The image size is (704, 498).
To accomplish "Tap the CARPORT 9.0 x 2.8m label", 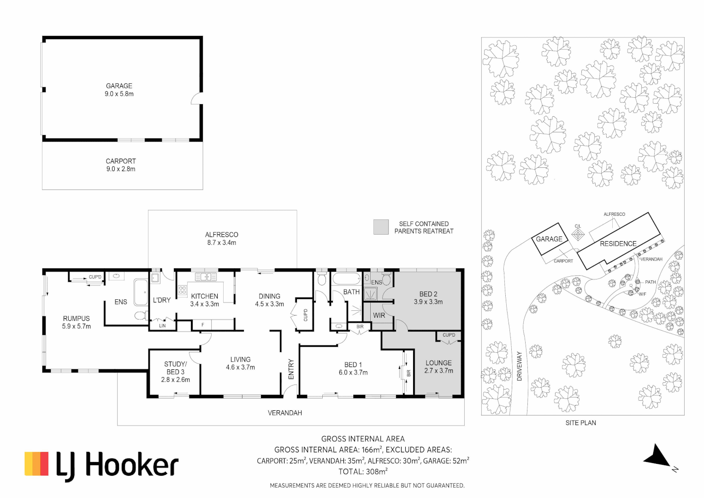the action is coord(121,165).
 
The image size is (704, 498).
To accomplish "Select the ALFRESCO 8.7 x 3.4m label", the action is coord(222,239).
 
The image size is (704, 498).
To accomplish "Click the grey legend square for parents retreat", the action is coord(381,227).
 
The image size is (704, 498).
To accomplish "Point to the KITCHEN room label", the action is coord(205,296).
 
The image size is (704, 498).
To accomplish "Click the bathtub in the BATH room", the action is coord(346,279).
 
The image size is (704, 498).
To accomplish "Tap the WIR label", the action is coord(379,315).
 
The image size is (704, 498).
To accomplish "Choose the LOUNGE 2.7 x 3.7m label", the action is coord(439,367).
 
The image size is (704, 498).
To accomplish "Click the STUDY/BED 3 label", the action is coord(175,368).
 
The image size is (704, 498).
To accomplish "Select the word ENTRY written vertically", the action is coord(291,369).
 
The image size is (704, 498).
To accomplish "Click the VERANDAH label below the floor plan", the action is coord(285,413).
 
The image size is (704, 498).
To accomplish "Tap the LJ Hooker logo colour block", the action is coord(36,464).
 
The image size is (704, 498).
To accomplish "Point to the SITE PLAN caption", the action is coord(581,423).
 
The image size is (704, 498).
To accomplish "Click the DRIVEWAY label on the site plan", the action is coord(519,366).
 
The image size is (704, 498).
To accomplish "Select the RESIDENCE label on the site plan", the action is coord(618,243).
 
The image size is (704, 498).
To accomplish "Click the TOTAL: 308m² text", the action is coord(363,472).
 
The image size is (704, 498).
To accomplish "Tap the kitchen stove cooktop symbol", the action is coord(182,290).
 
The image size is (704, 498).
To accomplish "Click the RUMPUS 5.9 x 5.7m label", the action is coord(77,322).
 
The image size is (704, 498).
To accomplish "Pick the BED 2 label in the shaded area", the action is coord(428,294).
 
